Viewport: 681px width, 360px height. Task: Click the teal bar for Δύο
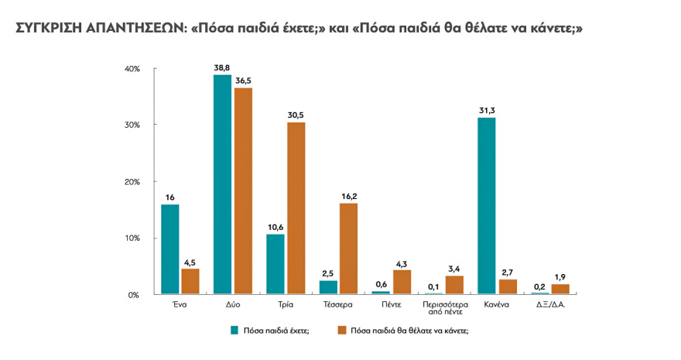[223, 184]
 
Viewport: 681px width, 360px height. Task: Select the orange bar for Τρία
[296, 208]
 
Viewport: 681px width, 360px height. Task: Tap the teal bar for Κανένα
[487, 206]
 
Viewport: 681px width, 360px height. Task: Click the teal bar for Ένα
[169, 249]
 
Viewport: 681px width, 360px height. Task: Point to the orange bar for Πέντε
[402, 282]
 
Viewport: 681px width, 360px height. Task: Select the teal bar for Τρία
[275, 264]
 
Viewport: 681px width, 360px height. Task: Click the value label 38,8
[223, 68]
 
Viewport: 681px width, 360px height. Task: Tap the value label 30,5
[296, 115]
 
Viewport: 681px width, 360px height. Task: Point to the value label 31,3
[487, 111]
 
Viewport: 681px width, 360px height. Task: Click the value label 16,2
[349, 197]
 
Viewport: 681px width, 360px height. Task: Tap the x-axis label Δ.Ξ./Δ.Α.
[549, 305]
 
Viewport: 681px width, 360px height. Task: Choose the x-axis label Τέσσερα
[338, 305]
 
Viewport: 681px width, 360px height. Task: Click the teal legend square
[234, 330]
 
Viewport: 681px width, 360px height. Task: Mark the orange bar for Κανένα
[507, 286]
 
